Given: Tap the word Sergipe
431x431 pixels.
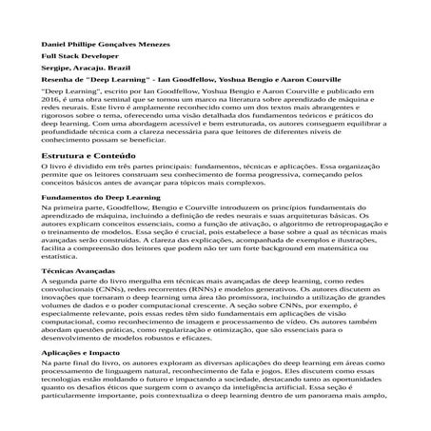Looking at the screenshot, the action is (x=56, y=70).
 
